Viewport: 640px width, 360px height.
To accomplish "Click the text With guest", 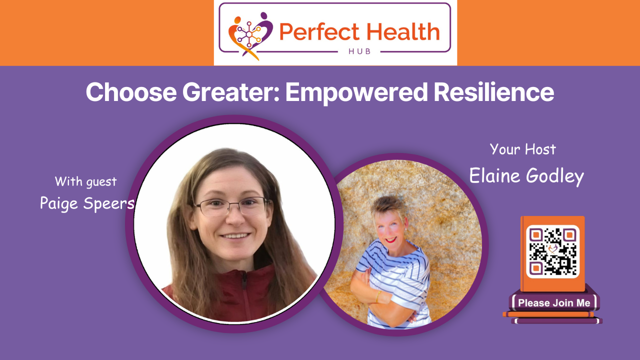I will click(85, 181).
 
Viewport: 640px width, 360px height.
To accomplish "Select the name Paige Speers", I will click(86, 203).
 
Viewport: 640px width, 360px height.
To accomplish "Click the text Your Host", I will click(522, 149).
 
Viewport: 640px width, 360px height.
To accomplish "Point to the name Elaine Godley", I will click(526, 176).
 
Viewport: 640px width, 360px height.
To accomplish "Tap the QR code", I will click(552, 251).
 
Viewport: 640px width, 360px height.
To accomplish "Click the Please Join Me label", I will click(554, 303).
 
